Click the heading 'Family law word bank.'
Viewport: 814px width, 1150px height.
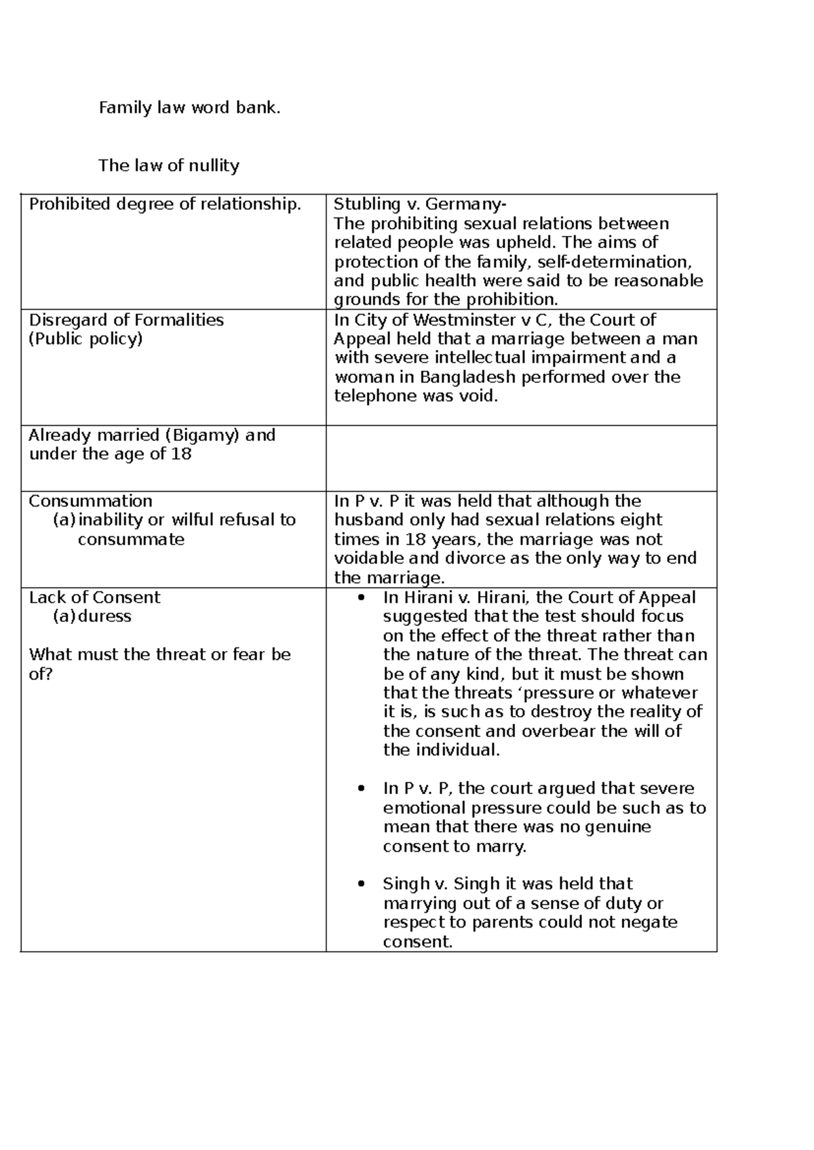tap(189, 108)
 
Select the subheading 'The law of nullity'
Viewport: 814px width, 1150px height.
tap(168, 165)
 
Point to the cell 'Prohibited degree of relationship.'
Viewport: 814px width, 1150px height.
tap(165, 204)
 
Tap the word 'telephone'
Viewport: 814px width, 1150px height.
tap(376, 396)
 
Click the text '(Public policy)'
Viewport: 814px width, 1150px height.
tap(85, 339)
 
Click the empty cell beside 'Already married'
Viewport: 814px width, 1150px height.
tap(521, 458)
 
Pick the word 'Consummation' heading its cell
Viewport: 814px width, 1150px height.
tap(90, 501)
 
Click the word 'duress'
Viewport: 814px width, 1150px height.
tap(105, 616)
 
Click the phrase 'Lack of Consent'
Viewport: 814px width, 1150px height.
tap(94, 597)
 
